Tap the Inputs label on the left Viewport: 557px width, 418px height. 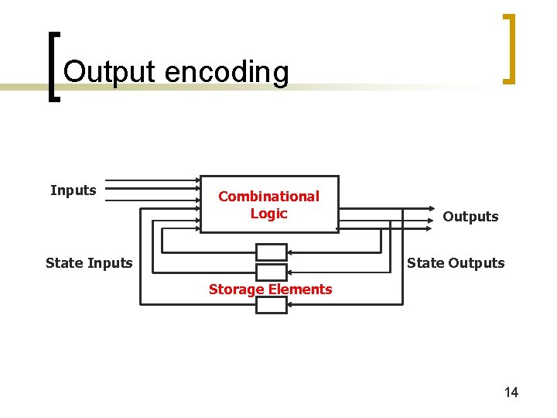point(73,190)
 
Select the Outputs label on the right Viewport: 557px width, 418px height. point(470,217)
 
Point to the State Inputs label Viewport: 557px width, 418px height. point(89,263)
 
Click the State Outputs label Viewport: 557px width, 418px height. point(456,263)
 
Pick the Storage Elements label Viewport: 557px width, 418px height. point(270,290)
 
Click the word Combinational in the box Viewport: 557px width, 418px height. point(268,197)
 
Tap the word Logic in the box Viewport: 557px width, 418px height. point(268,214)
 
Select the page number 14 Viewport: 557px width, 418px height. point(511,392)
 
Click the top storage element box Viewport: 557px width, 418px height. point(271,252)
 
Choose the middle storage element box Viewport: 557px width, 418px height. point(271,272)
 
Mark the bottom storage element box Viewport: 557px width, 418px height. point(271,305)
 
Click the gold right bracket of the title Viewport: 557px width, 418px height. point(508,48)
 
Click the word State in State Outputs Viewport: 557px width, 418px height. point(425,263)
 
